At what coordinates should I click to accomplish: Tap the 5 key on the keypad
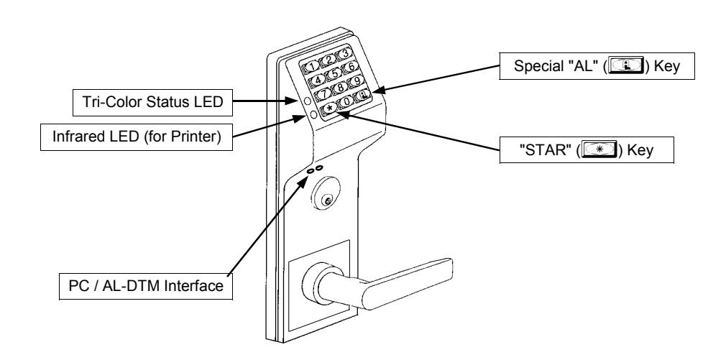click(334, 73)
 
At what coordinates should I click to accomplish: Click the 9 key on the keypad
click(356, 81)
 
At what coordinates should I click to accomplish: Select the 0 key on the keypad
click(346, 101)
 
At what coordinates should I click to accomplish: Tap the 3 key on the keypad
click(344, 53)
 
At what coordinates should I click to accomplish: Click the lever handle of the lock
click(379, 283)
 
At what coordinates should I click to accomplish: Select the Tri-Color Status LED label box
click(153, 102)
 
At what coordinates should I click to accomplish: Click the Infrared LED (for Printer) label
click(137, 137)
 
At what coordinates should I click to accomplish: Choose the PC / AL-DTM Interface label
click(146, 286)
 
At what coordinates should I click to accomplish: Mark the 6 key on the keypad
click(351, 67)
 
